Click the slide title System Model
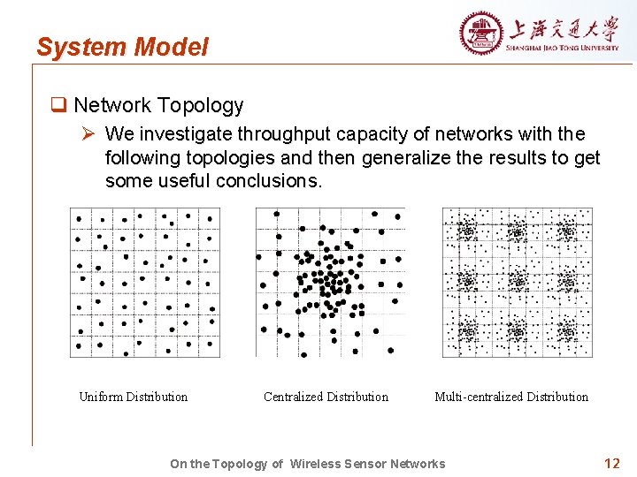[122, 47]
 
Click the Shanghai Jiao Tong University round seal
[480, 34]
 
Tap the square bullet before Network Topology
[58, 106]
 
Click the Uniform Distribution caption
[134, 397]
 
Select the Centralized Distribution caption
[326, 397]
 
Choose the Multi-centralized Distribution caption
[511, 397]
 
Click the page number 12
[611, 463]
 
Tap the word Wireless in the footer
[321, 464]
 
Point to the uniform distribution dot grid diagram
[145, 282]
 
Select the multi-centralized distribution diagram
[518, 282]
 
